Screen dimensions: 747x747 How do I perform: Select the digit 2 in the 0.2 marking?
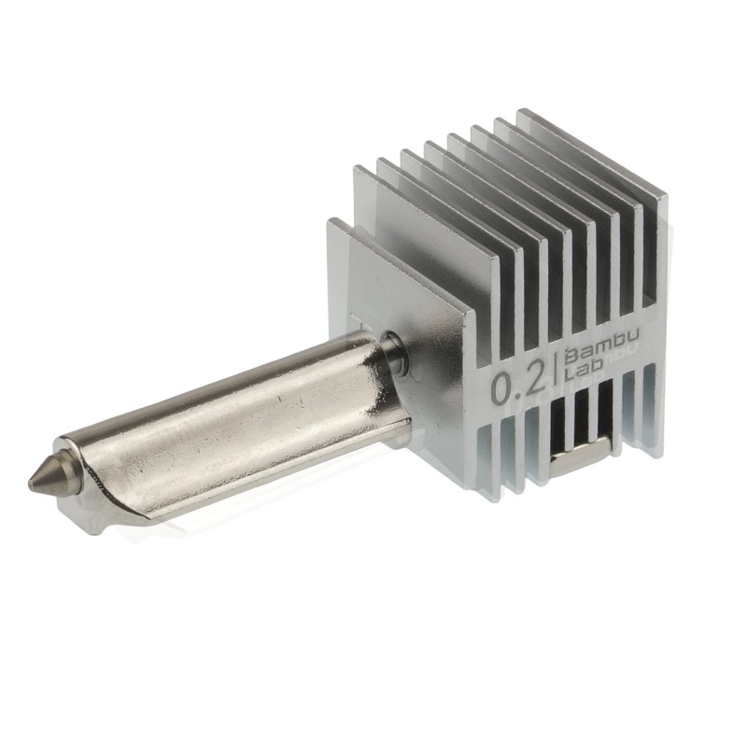[x=540, y=381]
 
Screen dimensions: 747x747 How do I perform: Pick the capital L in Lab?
[x=569, y=375]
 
